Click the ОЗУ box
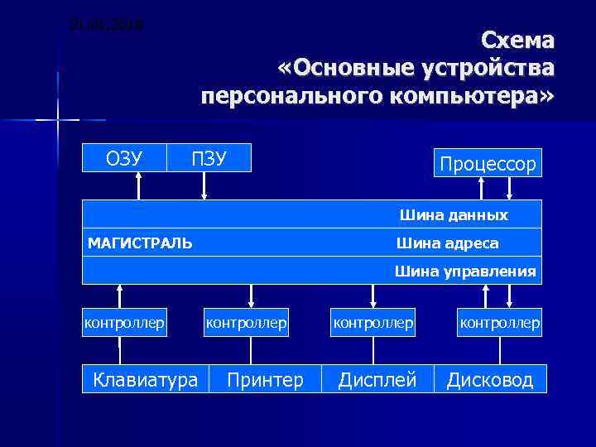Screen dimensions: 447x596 tap(124, 157)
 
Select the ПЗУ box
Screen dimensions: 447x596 tap(209, 157)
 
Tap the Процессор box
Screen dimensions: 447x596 tap(488, 163)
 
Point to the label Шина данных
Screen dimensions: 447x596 tap(454, 215)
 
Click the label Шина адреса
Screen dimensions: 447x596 tap(447, 243)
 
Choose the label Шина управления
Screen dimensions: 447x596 tap(465, 271)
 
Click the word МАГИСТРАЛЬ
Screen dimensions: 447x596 tap(140, 243)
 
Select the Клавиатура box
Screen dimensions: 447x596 tap(146, 380)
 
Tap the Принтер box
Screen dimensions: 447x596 tap(266, 380)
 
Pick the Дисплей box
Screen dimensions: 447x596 tap(377, 380)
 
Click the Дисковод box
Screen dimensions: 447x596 tap(491, 380)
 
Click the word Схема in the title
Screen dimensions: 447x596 tap(518, 41)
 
